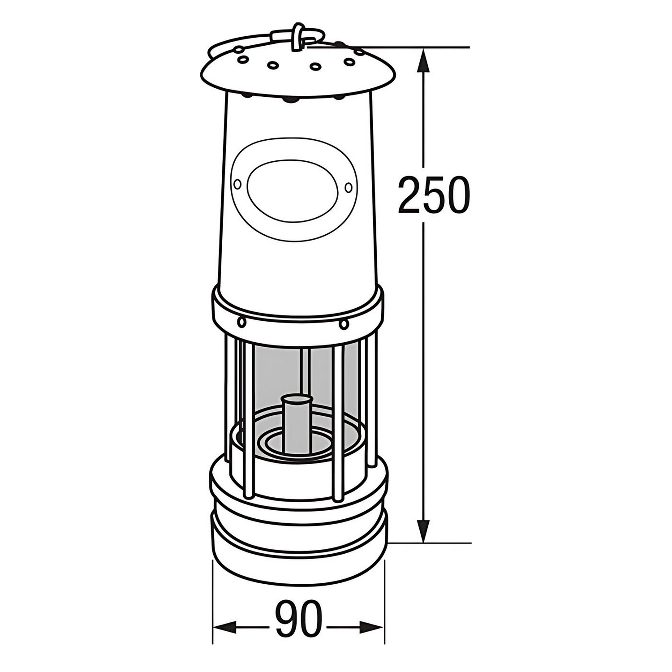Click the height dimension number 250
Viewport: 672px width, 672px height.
434,195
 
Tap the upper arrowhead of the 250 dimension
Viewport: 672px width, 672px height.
423,60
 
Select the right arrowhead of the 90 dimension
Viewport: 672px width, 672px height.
371,626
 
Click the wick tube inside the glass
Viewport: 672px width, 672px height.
296,423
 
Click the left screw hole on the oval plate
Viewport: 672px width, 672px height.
237,184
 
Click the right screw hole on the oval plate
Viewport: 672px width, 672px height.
348,187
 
